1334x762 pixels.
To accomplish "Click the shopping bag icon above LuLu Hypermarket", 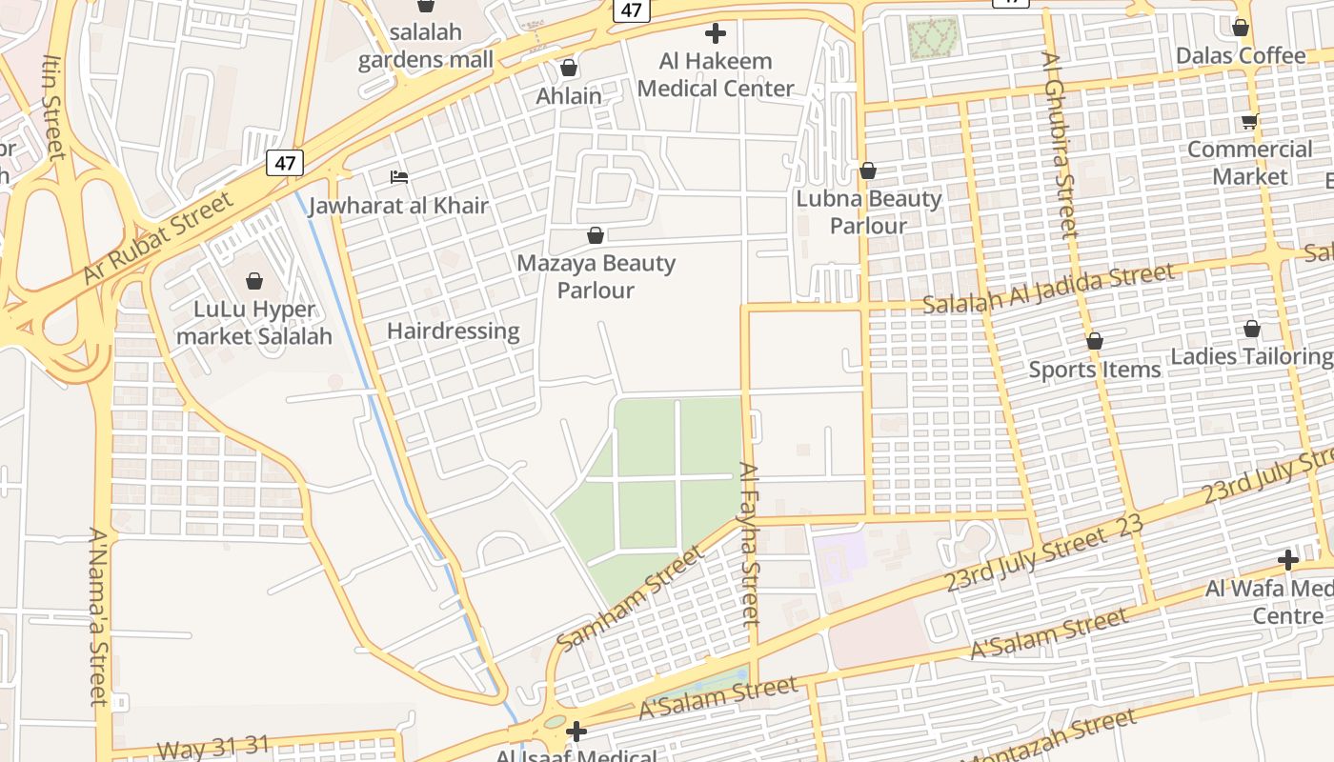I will [x=254, y=281].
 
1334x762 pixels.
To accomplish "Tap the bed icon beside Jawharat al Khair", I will [x=399, y=177].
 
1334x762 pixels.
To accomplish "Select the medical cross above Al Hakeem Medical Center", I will [x=715, y=34].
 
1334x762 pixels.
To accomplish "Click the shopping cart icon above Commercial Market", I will [x=1249, y=122].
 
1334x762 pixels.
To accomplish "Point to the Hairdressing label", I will [x=453, y=331].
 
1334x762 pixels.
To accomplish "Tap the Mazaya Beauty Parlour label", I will [x=596, y=276].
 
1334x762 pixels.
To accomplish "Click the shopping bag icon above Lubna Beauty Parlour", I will [x=867, y=171].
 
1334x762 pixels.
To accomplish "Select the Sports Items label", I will [x=1094, y=370].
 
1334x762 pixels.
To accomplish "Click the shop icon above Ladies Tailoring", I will [x=1251, y=330].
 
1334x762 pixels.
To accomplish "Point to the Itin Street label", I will [x=51, y=105].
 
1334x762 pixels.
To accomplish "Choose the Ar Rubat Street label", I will [x=158, y=238].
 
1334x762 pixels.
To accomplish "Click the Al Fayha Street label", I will [x=750, y=543].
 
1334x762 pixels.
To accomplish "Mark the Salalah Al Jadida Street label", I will [x=1049, y=290].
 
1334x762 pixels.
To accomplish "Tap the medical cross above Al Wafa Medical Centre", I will [x=1288, y=560].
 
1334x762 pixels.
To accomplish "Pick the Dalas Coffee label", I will [x=1240, y=56].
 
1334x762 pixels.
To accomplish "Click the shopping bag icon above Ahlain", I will [x=569, y=68].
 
